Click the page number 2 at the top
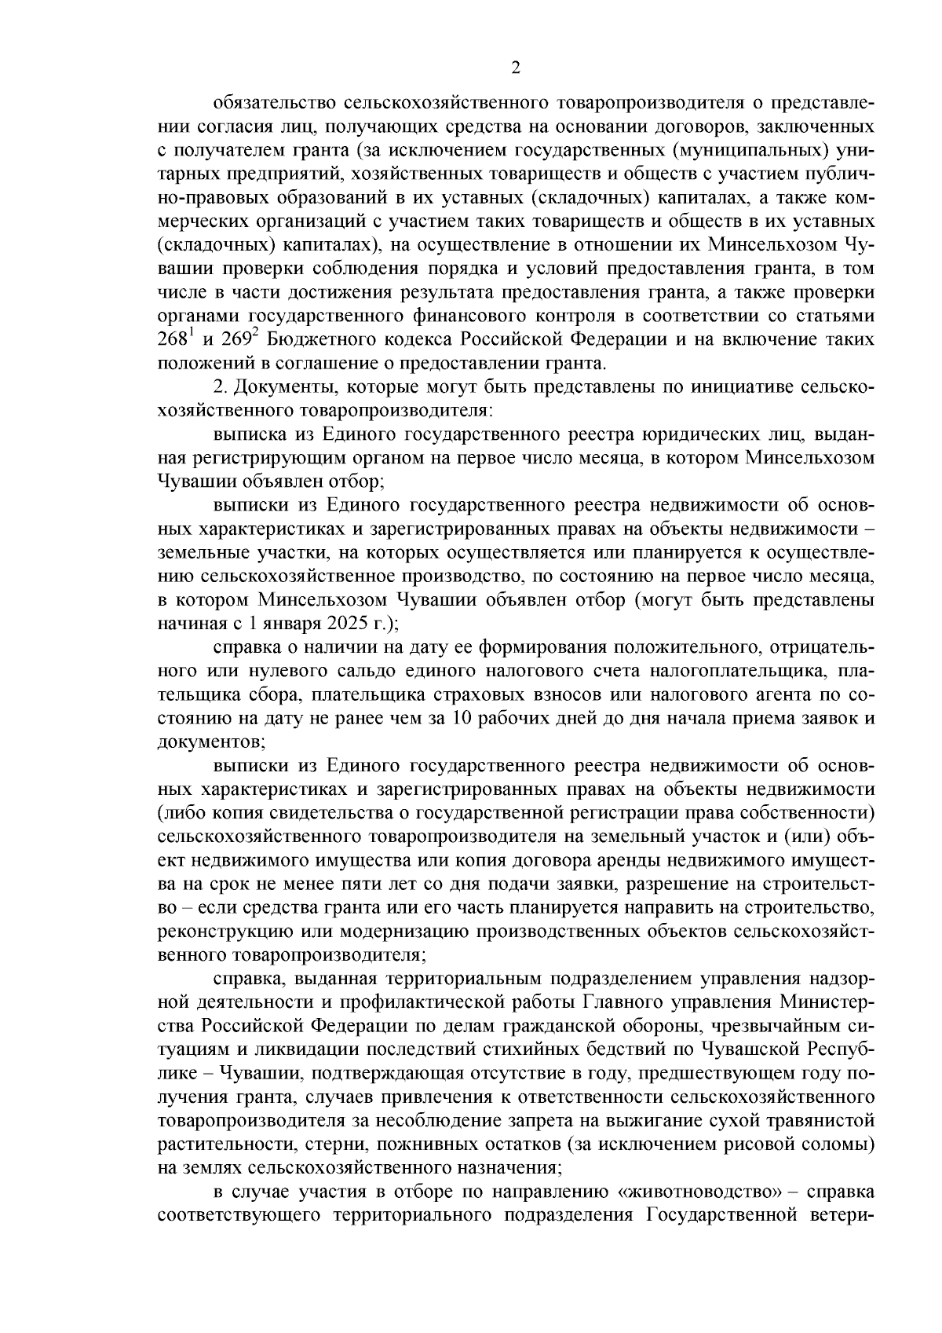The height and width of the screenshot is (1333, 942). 515,68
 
